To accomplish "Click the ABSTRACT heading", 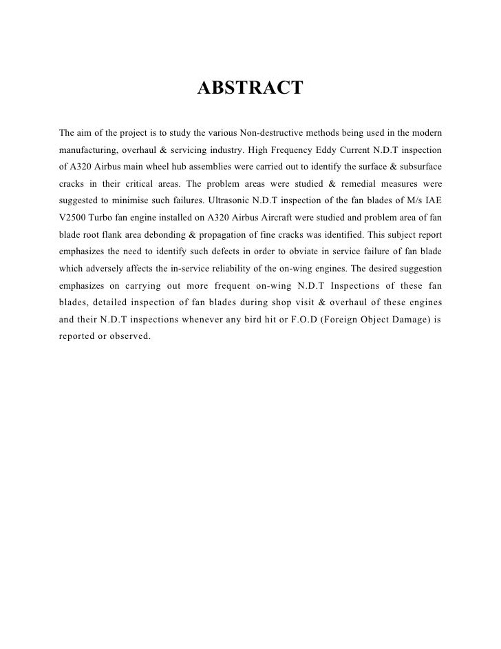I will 250,89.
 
